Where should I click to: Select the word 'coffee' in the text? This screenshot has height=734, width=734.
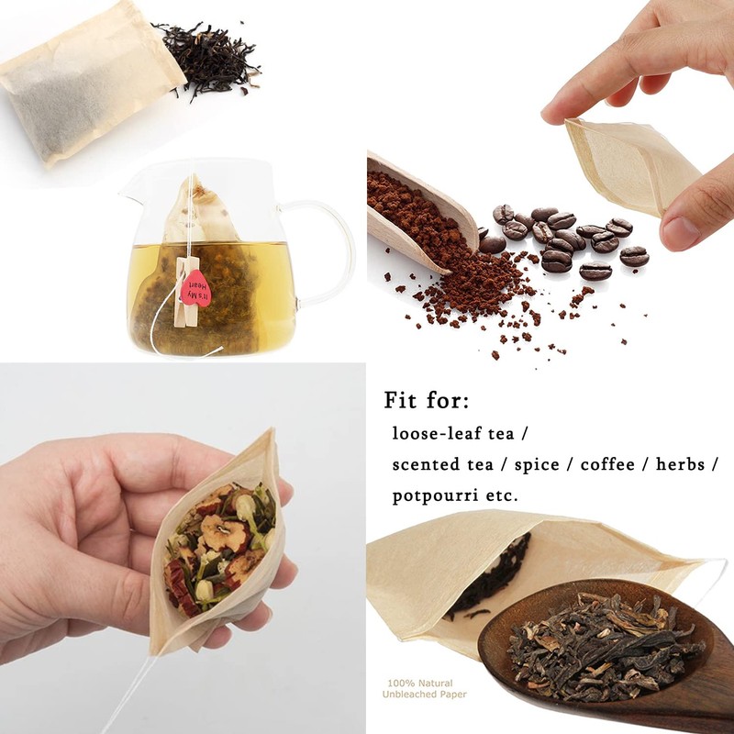click(x=605, y=463)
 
